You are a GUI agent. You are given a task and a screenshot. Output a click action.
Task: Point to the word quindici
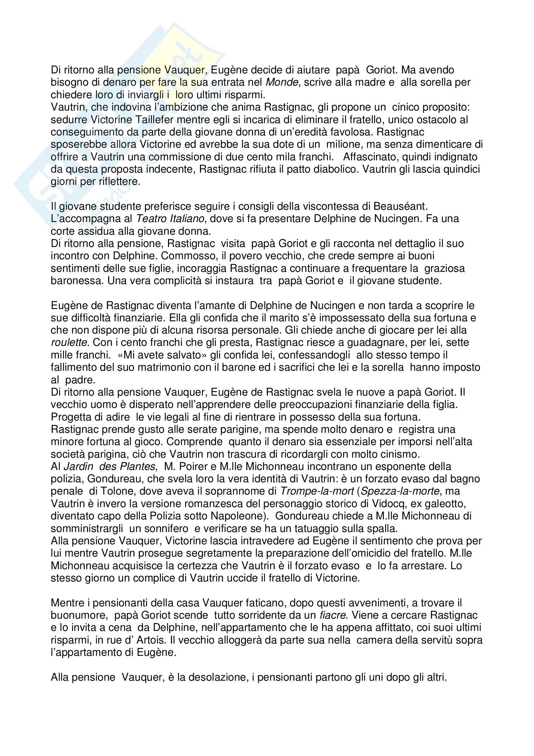459,169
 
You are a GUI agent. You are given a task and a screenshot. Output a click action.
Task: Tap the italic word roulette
69,342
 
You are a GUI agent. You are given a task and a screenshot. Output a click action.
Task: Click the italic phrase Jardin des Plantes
109,467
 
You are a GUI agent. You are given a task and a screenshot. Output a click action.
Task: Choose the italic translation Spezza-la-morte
400,491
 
